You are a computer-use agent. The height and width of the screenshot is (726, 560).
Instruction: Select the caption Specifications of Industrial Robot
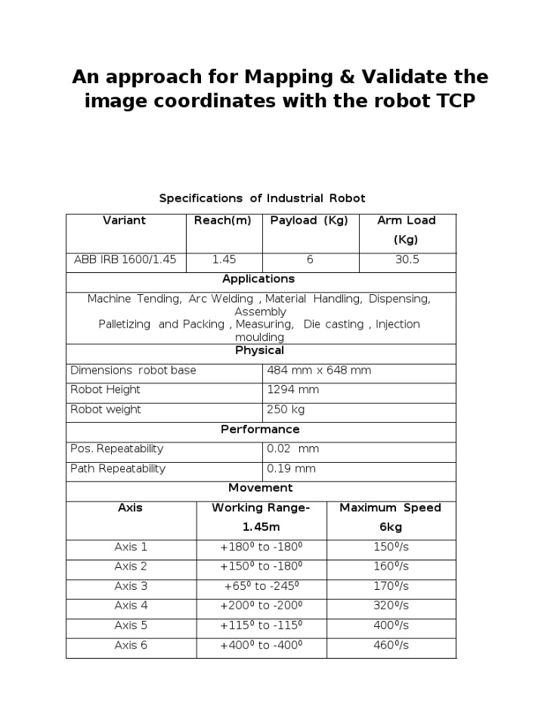click(x=262, y=198)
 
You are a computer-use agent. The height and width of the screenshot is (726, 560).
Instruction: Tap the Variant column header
click(x=125, y=221)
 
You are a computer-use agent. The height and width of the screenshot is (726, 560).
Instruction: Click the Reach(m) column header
click(x=223, y=221)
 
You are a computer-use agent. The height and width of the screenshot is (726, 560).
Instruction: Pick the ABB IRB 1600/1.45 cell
click(x=125, y=259)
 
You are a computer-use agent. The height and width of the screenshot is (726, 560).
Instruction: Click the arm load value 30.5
click(x=407, y=259)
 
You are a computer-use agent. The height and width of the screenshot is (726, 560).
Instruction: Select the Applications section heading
click(x=258, y=279)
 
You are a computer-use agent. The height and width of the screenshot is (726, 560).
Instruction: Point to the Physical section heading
click(x=259, y=351)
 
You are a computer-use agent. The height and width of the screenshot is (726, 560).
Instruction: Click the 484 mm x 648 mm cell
click(x=319, y=371)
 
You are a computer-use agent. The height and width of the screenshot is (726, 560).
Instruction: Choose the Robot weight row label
click(x=106, y=410)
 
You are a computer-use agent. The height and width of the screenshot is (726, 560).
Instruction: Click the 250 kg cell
click(x=286, y=410)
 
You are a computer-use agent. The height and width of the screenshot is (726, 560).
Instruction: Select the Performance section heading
click(x=260, y=430)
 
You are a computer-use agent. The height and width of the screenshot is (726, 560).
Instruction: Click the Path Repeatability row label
click(x=118, y=469)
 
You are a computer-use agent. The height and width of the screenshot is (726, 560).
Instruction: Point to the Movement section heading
click(x=260, y=489)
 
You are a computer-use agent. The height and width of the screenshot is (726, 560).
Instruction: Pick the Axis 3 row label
click(x=131, y=586)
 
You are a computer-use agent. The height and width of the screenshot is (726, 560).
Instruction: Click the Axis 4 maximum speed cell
click(x=391, y=606)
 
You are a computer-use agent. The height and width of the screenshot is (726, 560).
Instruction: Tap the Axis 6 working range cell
click(x=261, y=645)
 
